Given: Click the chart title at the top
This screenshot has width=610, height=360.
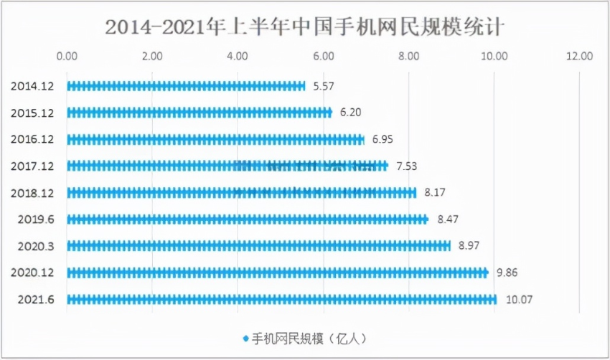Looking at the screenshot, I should (305, 27).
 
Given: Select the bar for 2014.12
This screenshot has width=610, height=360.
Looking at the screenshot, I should (187, 86).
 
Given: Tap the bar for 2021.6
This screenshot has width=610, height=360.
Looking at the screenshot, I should (281, 299).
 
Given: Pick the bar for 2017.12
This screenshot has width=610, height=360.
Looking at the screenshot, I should (227, 166).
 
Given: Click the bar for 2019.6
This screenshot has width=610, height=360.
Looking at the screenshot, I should (248, 219).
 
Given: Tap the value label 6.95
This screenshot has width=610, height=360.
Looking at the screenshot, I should (383, 139).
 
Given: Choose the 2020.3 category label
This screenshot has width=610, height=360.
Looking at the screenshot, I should (34, 246).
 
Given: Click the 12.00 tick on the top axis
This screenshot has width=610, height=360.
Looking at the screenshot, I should (579, 55).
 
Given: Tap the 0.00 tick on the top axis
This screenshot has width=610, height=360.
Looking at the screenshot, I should (67, 55).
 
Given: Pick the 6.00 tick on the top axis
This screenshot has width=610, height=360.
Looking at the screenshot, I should (324, 55).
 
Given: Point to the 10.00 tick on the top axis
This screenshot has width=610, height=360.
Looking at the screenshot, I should (494, 55).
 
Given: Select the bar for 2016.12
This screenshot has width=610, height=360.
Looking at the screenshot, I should (215, 139).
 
